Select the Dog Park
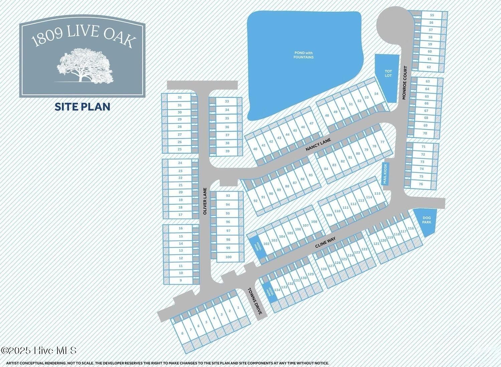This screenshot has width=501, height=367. (426, 221)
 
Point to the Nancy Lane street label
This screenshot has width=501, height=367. (318, 145)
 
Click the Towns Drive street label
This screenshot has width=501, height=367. (257, 302)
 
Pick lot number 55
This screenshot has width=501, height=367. (432, 15)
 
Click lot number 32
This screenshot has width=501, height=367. (180, 97)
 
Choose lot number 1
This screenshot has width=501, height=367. (238, 308)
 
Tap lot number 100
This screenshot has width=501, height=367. (228, 257)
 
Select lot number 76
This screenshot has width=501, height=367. (421, 184)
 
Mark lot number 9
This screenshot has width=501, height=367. (181, 281)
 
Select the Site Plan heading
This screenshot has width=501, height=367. (82, 107)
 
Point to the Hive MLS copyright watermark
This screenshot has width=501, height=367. (39, 350)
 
